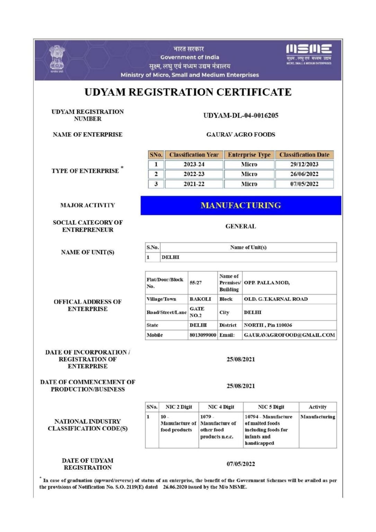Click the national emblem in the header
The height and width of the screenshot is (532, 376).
tap(57, 59)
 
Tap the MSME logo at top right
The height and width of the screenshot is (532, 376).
tap(309, 54)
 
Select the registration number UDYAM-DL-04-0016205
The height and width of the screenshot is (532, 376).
tap(241, 115)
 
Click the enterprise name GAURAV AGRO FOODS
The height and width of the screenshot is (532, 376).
tap(241, 134)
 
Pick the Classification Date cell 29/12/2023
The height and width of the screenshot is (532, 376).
tap(304, 164)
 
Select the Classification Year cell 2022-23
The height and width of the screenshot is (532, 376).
tap(194, 174)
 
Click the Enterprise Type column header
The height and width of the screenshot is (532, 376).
tap(249, 155)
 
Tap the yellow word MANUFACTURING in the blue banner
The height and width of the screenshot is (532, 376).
tap(241, 205)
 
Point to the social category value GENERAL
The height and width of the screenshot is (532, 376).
tap(241, 226)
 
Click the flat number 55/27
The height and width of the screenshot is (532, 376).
tap(196, 283)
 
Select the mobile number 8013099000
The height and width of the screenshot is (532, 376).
tap(203, 335)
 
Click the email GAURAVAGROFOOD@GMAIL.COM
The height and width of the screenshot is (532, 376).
tap(289, 335)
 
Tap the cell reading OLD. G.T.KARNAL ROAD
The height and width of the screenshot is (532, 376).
tap(276, 299)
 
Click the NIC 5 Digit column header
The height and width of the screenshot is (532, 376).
tap(271, 407)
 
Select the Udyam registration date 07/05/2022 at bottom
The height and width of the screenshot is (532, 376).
tap(241, 464)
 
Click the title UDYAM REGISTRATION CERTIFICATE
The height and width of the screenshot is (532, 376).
tap(188, 92)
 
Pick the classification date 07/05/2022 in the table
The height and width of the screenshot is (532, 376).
tap(304, 184)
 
